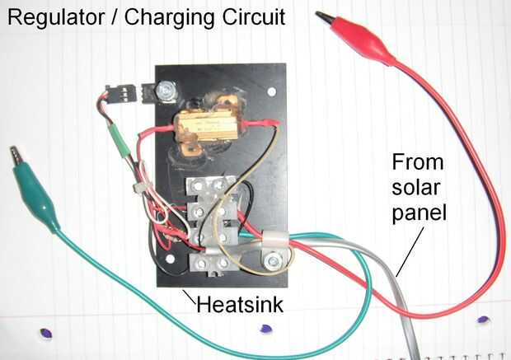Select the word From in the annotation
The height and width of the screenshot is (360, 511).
coord(417,161)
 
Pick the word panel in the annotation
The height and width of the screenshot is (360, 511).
coord(420,213)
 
